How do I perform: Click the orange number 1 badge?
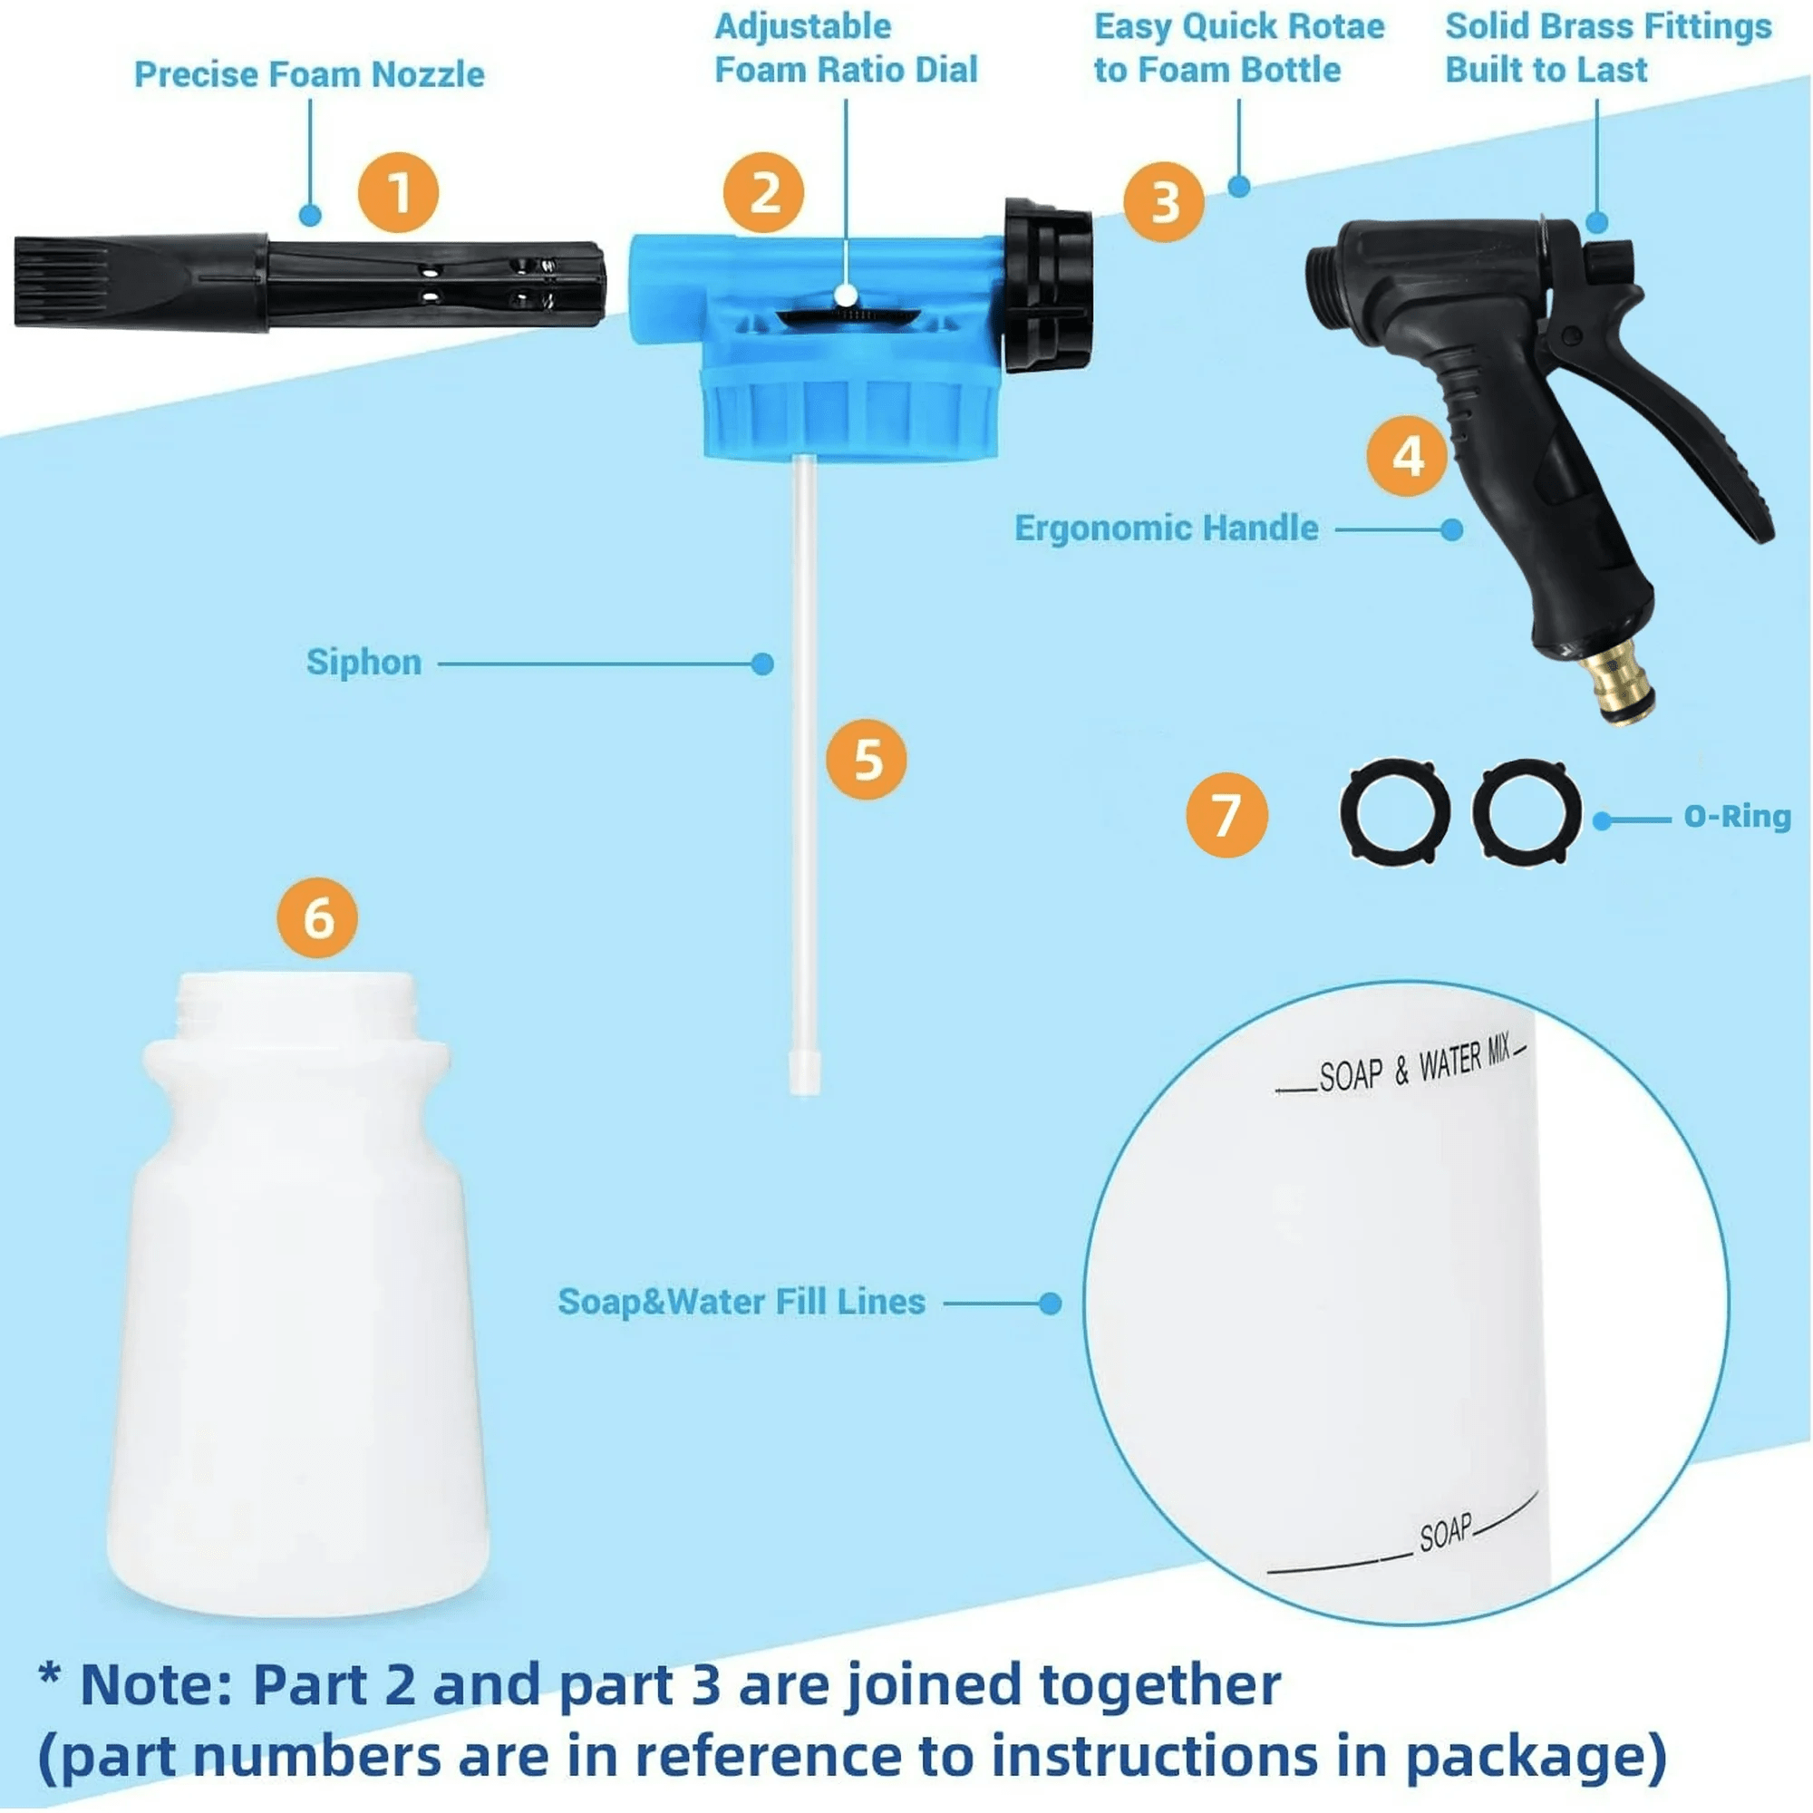[398, 192]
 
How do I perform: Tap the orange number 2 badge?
[763, 192]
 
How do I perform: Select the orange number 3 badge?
[1164, 202]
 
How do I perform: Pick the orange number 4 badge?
[1407, 456]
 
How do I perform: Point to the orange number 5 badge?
[866, 759]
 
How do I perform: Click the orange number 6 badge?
[317, 916]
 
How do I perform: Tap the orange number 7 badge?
[1226, 815]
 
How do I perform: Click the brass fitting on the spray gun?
[1616, 687]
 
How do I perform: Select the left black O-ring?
[1393, 810]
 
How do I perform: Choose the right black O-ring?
[1526, 810]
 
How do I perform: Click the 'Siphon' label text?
[364, 663]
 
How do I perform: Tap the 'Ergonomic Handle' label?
[1166, 528]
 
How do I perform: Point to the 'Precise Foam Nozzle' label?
[309, 75]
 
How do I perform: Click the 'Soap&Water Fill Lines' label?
[742, 1302]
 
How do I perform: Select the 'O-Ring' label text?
[1737, 817]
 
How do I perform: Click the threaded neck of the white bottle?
[296, 1006]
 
